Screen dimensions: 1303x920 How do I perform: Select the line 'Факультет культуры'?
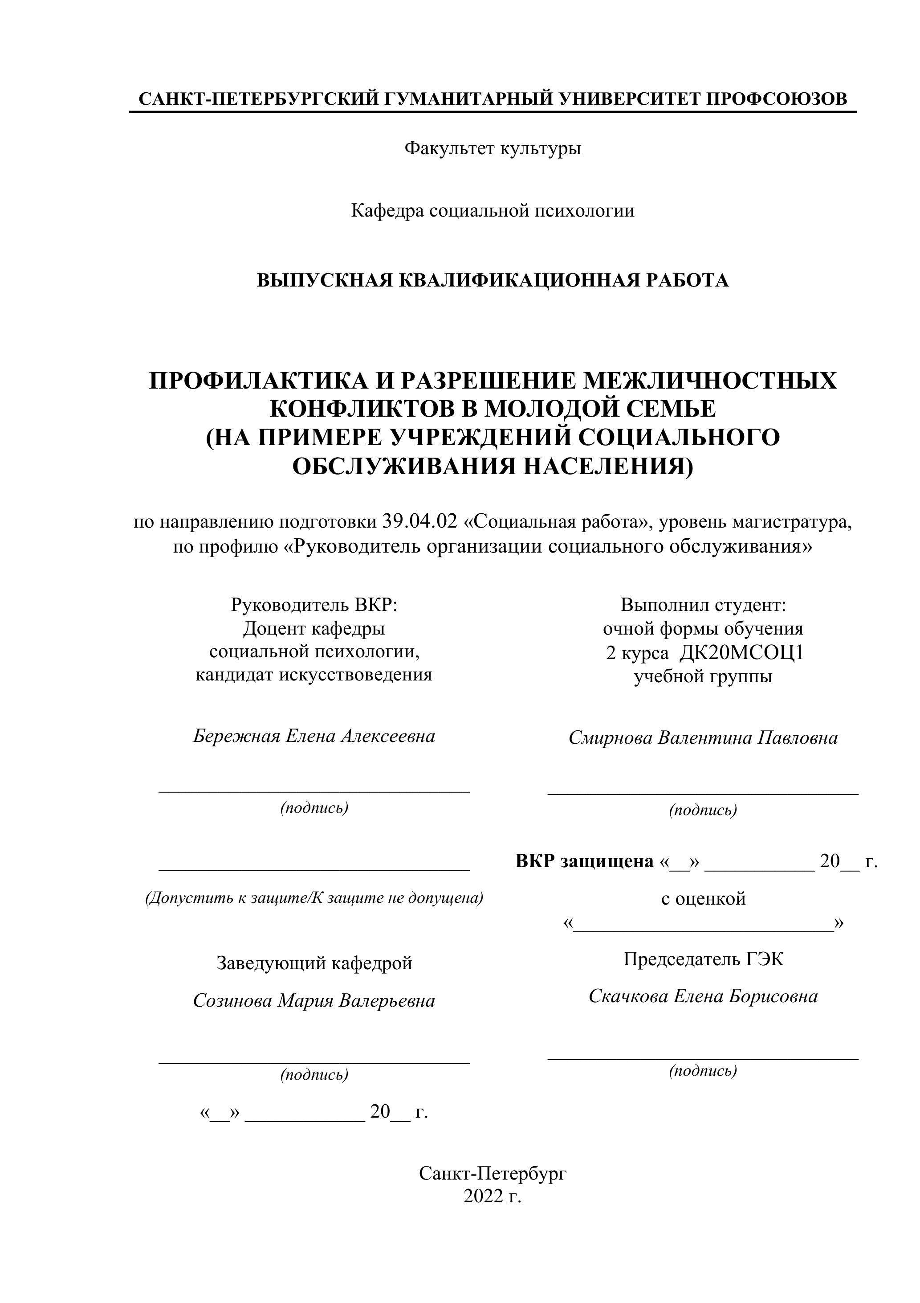[x=493, y=149]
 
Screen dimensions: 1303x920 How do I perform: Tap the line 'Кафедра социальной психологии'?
[x=493, y=211]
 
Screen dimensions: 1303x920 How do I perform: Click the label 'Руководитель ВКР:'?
[x=314, y=605]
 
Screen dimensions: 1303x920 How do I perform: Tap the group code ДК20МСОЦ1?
[x=741, y=653]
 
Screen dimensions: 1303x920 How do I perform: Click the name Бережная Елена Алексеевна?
[x=314, y=736]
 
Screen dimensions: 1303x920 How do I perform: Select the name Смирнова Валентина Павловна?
[x=703, y=738]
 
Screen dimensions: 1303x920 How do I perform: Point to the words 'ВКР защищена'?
[x=584, y=861]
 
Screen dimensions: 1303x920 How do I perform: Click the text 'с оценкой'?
[x=703, y=899]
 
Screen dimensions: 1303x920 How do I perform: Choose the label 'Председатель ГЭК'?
[x=703, y=959]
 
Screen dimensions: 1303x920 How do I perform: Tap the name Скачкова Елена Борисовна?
[x=703, y=996]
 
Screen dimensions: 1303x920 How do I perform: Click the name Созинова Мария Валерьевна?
[x=314, y=1000]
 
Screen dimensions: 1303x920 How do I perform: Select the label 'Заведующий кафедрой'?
[x=314, y=963]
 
